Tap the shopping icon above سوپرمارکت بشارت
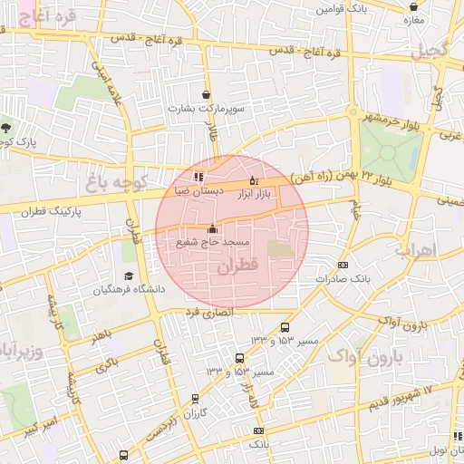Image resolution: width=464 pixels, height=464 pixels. click(207, 94)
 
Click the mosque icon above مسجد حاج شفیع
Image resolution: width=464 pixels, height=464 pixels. click(212, 228)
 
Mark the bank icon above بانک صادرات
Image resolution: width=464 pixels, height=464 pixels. click(342, 265)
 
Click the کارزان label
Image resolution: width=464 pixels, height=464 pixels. click(197, 412)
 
